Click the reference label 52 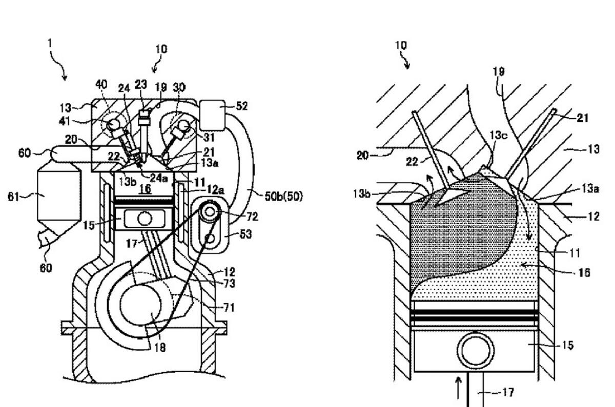point(241,106)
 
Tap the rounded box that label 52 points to point(212,115)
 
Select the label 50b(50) point(283,197)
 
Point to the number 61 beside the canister point(13,197)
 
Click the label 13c point(499,135)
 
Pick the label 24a point(158,178)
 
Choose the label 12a point(215,190)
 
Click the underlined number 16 point(145,189)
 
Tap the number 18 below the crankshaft point(160,348)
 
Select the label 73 point(229,284)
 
